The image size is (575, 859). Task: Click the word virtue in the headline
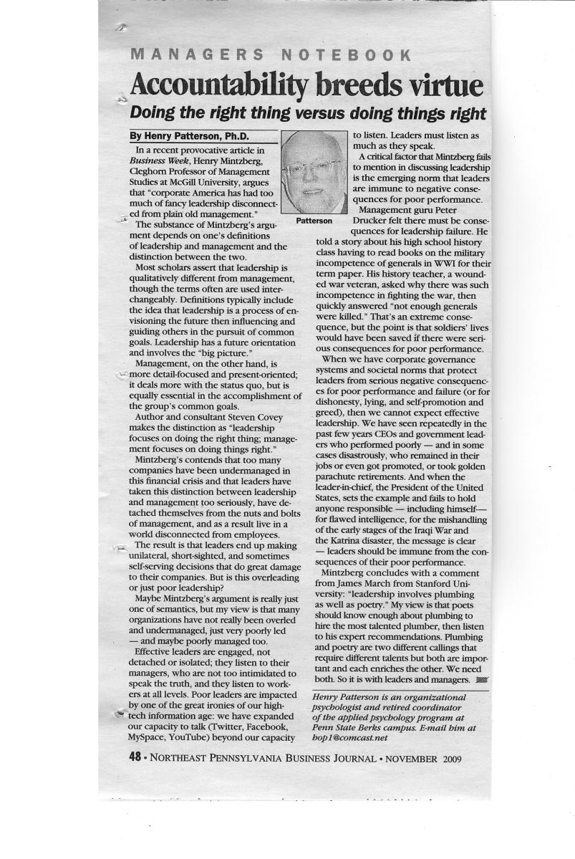(x=442, y=86)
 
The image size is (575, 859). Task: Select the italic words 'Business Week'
(x=161, y=162)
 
